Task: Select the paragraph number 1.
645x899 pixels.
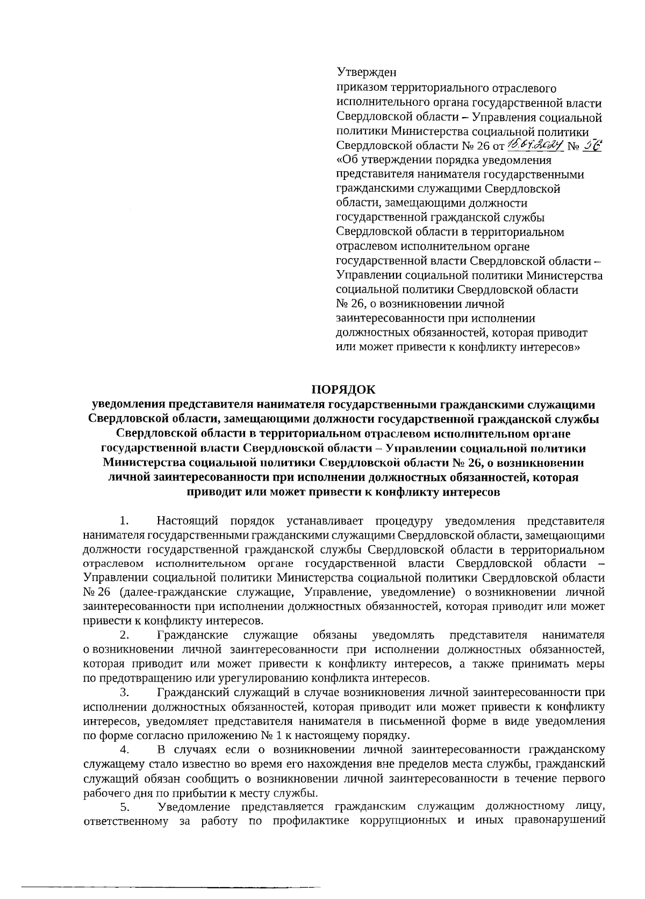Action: pos(124,521)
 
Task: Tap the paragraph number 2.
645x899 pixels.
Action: pos(124,635)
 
